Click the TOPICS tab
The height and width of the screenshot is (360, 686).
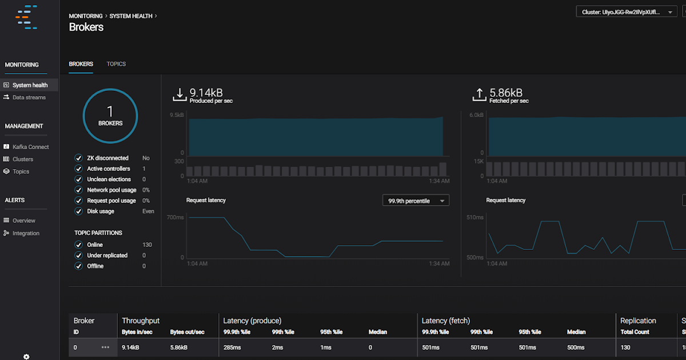point(116,64)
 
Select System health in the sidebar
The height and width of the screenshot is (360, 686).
point(30,85)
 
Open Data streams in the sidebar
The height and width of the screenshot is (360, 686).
point(29,98)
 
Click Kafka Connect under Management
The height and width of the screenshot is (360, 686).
point(30,147)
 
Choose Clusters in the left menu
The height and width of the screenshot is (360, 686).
point(23,159)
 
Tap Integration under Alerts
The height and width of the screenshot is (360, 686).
point(26,233)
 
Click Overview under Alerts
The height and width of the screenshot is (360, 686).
point(23,221)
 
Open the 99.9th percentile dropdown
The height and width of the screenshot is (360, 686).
point(416,201)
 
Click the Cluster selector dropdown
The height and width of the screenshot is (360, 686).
point(627,12)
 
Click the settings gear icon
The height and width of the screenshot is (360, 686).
point(26,356)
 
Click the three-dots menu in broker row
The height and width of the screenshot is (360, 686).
point(105,347)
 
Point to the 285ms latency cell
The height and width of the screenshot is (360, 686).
point(231,347)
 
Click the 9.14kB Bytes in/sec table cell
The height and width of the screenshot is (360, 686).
point(131,347)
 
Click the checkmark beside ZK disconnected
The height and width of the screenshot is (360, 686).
point(79,158)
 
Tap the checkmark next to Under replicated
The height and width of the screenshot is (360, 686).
point(79,255)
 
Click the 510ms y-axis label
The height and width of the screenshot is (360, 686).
point(475,218)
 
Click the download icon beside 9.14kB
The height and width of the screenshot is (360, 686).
point(180,95)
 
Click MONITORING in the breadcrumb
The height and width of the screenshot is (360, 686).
point(86,16)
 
